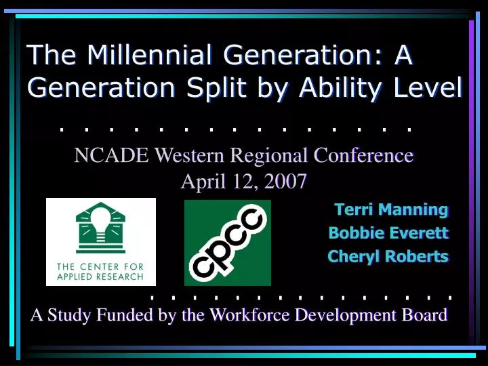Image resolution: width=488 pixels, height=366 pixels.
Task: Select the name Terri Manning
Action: point(391,209)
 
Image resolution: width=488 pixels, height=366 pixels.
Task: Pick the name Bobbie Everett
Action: point(388,233)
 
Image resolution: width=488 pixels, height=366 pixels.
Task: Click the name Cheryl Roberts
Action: point(388,256)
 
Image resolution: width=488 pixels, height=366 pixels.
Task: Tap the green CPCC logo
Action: point(228,242)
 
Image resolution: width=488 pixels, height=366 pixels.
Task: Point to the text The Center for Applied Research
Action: point(100,271)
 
